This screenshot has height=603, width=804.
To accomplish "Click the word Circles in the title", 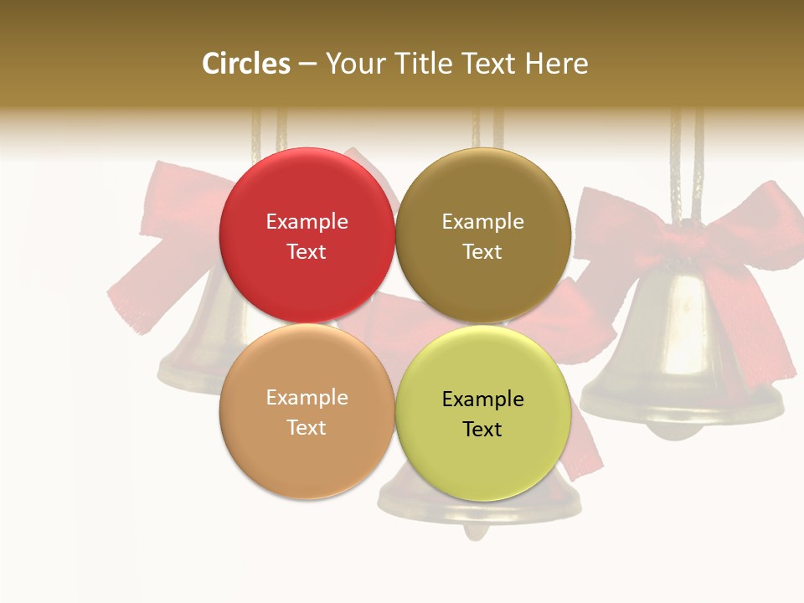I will [x=246, y=64].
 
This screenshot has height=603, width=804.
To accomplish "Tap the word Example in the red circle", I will [x=307, y=222].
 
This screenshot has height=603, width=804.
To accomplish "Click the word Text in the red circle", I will [x=307, y=252].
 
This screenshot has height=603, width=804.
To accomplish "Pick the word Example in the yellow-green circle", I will [x=482, y=399].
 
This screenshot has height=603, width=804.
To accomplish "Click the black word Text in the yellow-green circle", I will [x=482, y=430].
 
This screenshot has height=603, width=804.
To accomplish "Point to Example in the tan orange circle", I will [x=307, y=398].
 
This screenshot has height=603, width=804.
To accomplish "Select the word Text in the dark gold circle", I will [x=482, y=252].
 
